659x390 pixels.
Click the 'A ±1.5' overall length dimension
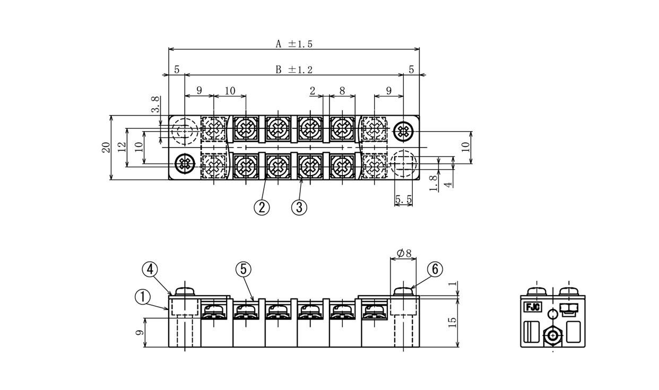(x=293, y=45)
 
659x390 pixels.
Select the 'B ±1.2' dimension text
(x=293, y=70)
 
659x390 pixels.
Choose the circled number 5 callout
(x=243, y=270)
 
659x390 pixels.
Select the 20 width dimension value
(x=106, y=148)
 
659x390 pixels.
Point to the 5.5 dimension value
(x=404, y=200)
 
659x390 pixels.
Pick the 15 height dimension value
(x=453, y=323)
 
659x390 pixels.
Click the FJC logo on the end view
(x=532, y=307)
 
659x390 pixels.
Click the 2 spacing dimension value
(x=313, y=91)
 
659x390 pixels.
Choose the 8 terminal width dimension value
(x=342, y=91)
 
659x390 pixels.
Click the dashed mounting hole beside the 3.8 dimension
(x=184, y=131)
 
